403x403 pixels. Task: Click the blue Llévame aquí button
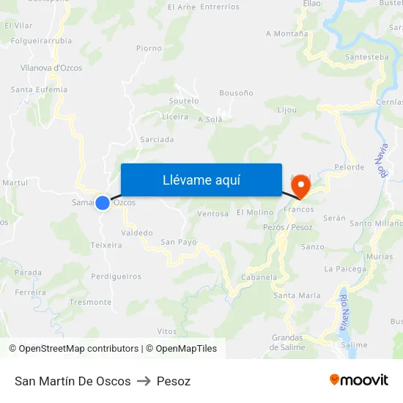click(201, 180)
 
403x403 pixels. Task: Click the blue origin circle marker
click(103, 202)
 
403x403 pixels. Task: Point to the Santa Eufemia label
click(39, 89)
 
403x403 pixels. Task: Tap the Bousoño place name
click(237, 93)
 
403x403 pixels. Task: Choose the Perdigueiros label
click(116, 277)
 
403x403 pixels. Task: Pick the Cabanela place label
click(259, 278)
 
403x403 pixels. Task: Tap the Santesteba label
click(366, 56)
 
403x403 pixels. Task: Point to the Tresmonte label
click(90, 302)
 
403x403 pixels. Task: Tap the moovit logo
click(358, 380)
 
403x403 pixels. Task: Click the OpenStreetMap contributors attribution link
click(78, 349)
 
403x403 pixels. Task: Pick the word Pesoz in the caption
click(174, 381)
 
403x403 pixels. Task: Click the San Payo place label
click(178, 242)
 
